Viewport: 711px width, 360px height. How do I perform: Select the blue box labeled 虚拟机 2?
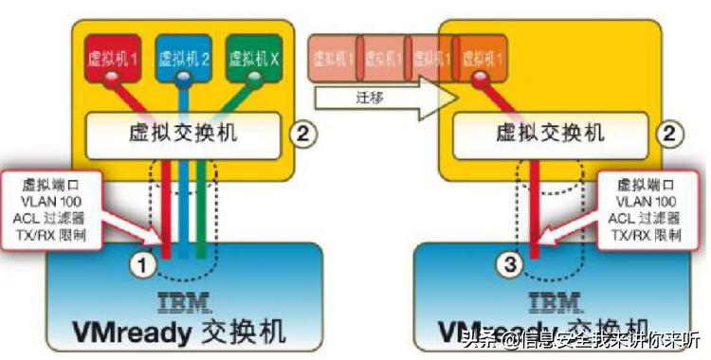pos(184,58)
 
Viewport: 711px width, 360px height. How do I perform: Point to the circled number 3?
pos(511,266)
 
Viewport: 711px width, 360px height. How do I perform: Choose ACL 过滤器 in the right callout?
pos(645,217)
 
